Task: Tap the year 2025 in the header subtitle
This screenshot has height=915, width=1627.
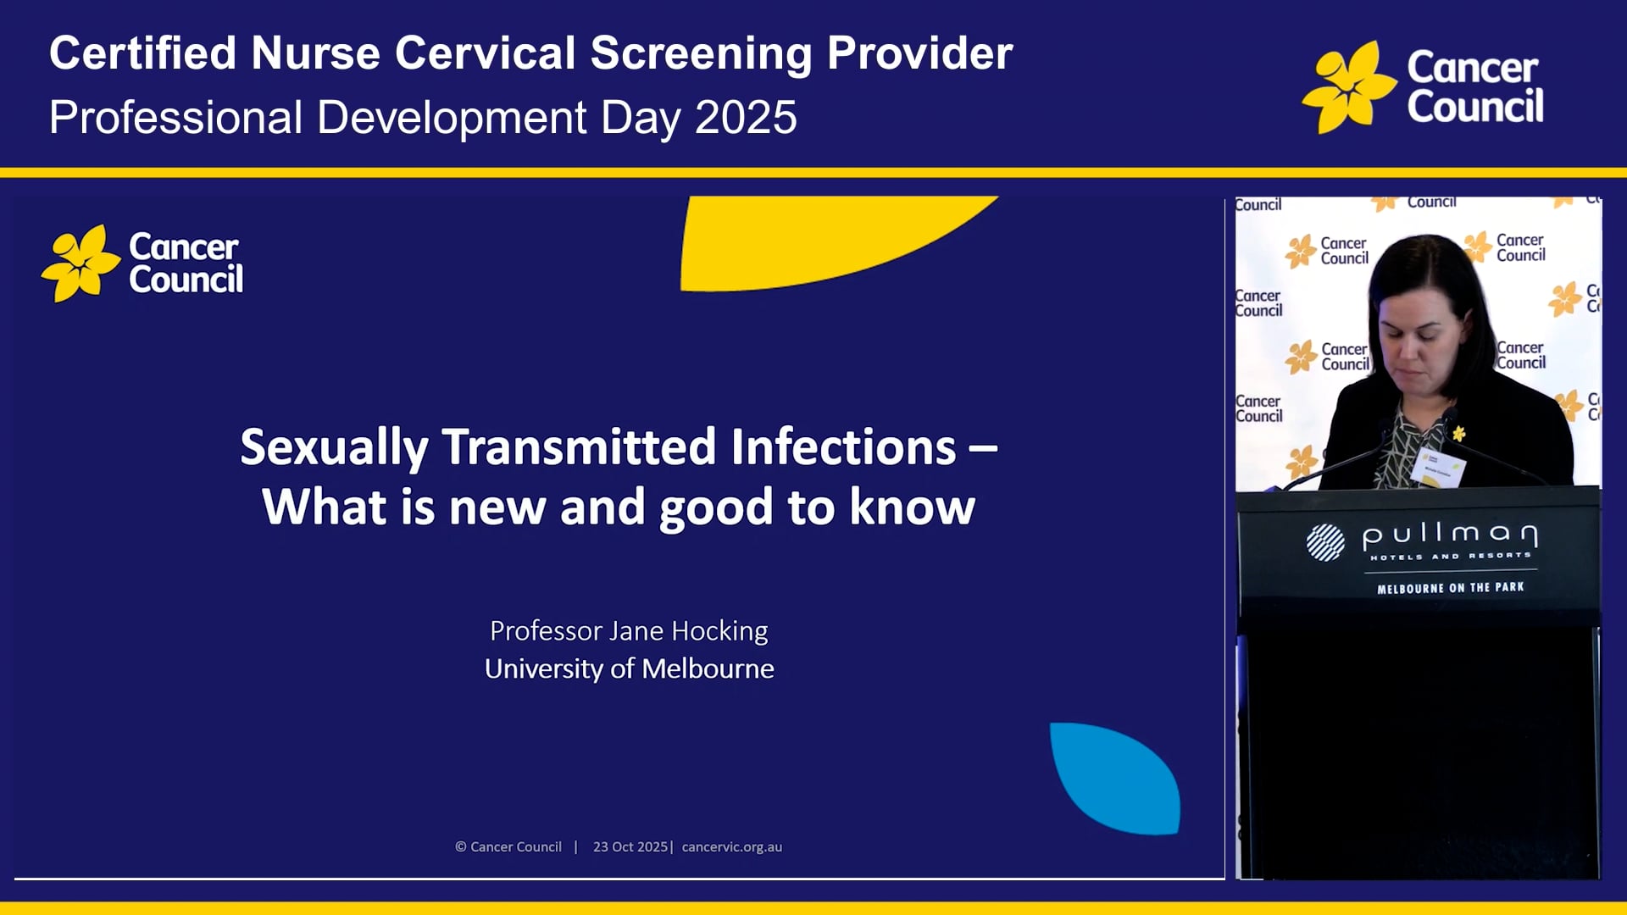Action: [746, 117]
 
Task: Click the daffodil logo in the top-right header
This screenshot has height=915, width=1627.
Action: [1347, 87]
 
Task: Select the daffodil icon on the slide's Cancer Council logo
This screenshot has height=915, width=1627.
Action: [81, 263]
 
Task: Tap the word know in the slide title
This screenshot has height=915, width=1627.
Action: [912, 507]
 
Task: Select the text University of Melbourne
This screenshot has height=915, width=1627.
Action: [629, 668]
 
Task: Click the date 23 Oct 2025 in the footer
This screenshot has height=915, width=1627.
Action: [630, 846]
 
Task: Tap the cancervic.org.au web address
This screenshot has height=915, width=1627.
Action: [731, 846]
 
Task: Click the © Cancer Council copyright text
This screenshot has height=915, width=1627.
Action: [508, 846]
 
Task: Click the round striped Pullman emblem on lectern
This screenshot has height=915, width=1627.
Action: [1324, 542]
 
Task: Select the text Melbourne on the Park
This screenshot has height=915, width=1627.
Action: [1450, 587]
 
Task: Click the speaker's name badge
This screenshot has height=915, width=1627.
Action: [1438, 466]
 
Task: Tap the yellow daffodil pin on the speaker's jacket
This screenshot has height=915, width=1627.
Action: [1458, 433]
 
